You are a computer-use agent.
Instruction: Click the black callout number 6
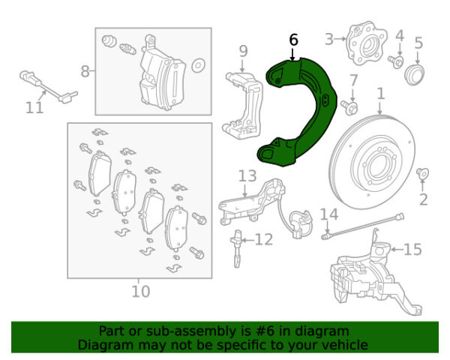coord(293,40)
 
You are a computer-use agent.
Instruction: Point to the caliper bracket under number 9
coord(243,106)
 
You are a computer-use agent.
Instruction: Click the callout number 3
coord(329,39)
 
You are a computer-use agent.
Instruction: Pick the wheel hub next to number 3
coord(367,44)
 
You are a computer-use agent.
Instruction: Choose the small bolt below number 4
coord(396,61)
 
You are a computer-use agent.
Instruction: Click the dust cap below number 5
coord(414,75)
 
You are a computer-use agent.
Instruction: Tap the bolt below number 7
coord(349,106)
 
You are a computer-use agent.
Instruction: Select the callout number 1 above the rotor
coord(380,94)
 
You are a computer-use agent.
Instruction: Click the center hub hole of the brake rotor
coord(376,168)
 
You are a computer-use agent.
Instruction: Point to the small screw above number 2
coord(423,173)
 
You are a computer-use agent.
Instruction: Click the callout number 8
coord(85,71)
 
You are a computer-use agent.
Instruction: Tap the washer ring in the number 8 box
coord(198,66)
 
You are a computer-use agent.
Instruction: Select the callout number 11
coord(34,108)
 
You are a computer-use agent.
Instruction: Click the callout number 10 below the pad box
coord(141,292)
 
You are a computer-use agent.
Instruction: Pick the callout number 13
coord(247,176)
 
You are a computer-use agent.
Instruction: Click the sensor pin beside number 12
coord(237,248)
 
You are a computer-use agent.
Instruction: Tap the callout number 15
coord(412,249)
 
